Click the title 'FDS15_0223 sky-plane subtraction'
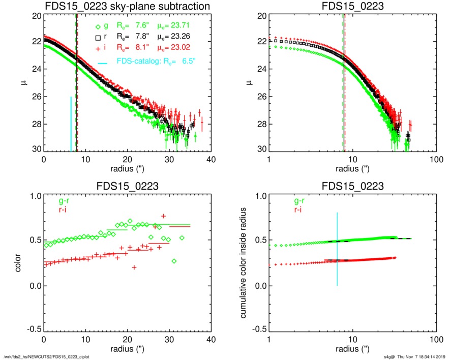[127, 7]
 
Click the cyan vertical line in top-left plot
[71, 124]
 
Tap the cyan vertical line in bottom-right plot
[337, 249]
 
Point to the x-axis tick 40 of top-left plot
[211, 160]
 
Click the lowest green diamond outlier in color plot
[174, 261]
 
